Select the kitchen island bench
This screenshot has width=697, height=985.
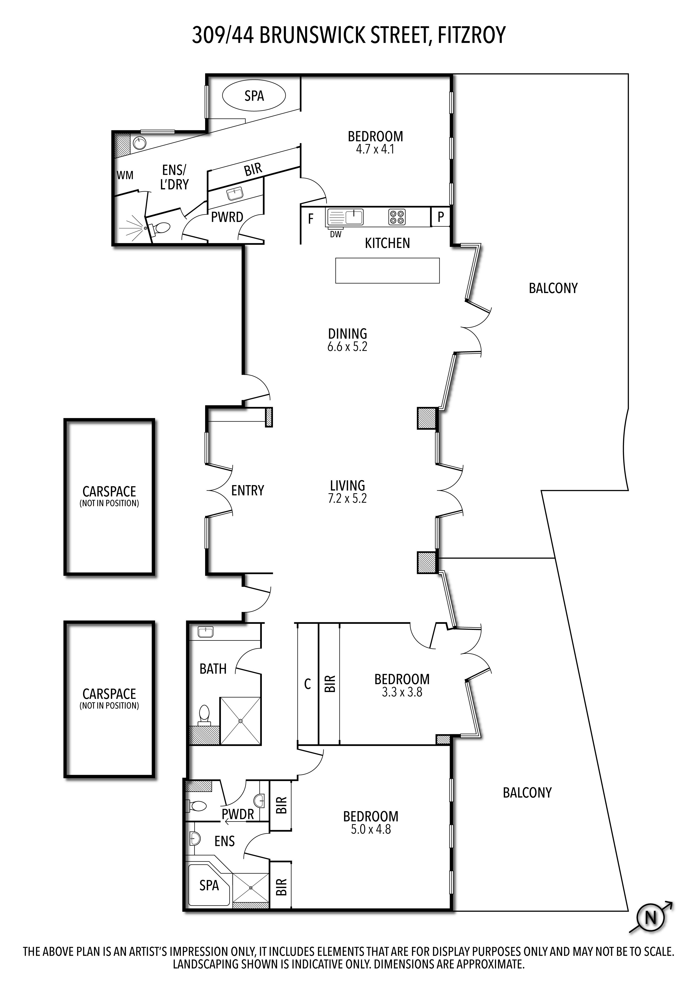pyautogui.click(x=387, y=270)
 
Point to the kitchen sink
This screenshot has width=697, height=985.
pyautogui.click(x=345, y=217)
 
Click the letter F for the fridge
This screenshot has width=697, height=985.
pyautogui.click(x=310, y=219)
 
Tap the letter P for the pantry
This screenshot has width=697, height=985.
pyautogui.click(x=441, y=217)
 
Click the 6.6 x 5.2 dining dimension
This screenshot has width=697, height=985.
pyautogui.click(x=347, y=347)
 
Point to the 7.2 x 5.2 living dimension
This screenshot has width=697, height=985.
pyautogui.click(x=347, y=498)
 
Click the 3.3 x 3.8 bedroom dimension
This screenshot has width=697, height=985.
pyautogui.click(x=402, y=692)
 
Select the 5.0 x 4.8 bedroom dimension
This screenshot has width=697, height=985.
pyautogui.click(x=371, y=829)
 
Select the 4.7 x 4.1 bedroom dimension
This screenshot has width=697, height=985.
pyautogui.click(x=375, y=149)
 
